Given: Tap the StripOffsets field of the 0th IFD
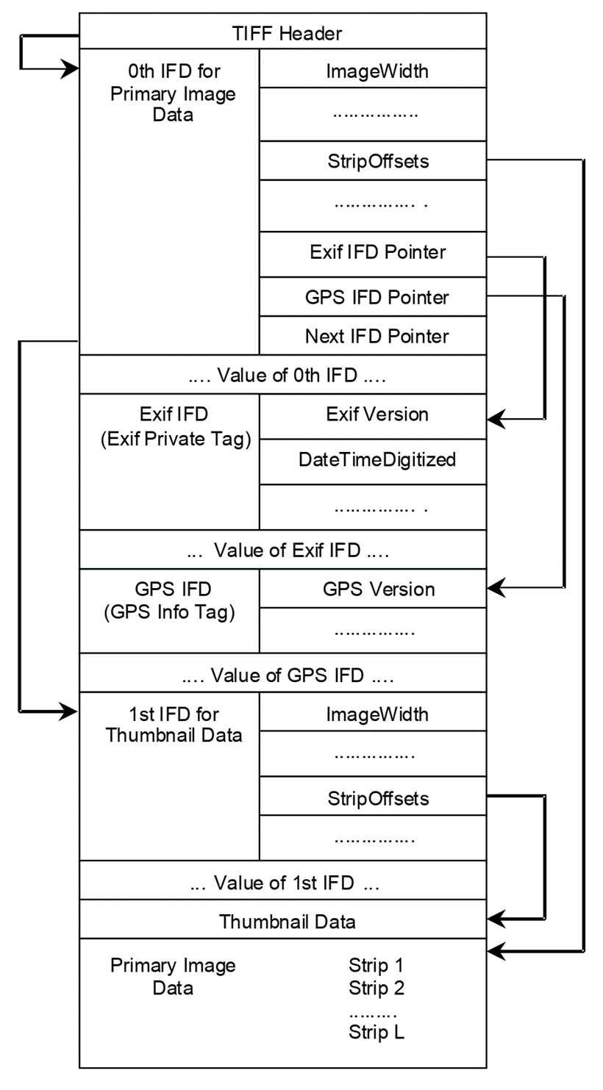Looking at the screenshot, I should (373, 161).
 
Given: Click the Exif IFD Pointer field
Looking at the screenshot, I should (373, 253).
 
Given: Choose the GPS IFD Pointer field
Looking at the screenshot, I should (373, 298).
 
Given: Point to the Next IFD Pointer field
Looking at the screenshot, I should (373, 337).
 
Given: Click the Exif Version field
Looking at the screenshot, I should (373, 415).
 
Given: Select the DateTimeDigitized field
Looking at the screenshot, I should (373, 460).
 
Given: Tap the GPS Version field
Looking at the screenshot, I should (373, 589).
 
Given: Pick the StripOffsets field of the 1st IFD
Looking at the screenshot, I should (373, 797).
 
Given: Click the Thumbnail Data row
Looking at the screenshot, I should (282, 922).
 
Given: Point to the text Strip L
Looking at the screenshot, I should (377, 1033).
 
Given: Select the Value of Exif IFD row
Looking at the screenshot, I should (282, 550).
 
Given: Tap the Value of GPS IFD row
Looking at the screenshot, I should (282, 673).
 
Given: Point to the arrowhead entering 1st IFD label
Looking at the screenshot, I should (69, 711).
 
